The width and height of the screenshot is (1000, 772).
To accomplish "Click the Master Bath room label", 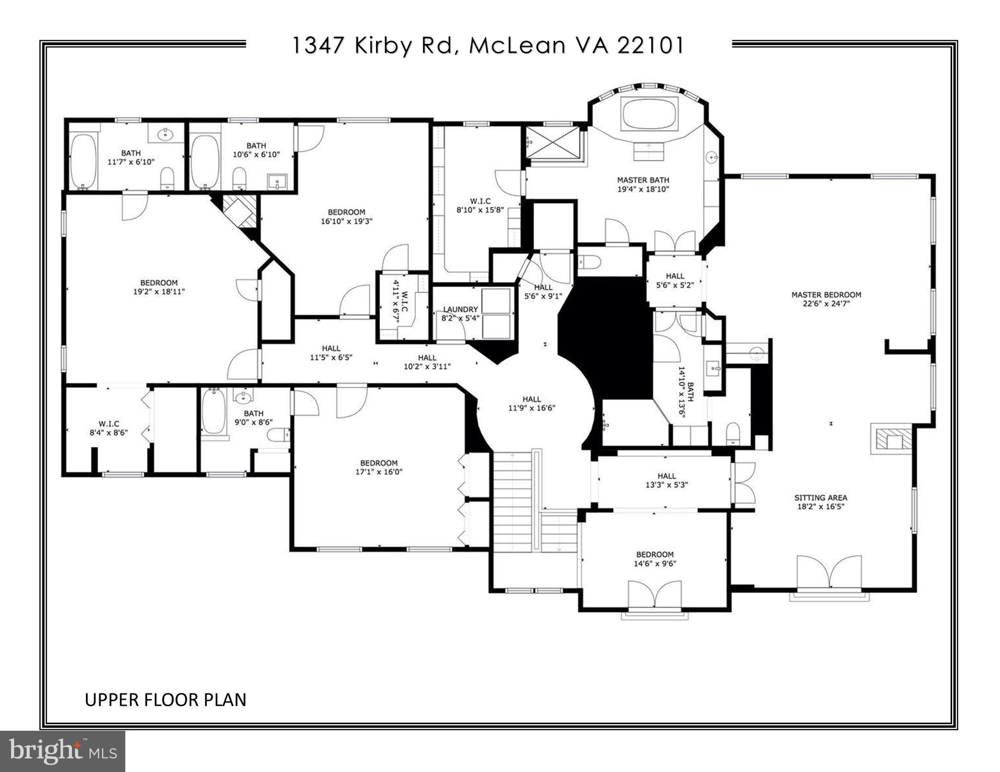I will click(x=643, y=180).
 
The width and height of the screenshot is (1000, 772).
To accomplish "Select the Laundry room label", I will click(x=460, y=309).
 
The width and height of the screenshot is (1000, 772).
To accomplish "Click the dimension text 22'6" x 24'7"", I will click(x=826, y=304).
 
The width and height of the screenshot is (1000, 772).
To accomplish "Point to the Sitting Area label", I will click(x=820, y=497).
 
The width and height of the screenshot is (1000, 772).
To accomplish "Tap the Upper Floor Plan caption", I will click(x=165, y=700).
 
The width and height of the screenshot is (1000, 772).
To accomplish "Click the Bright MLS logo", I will click(x=62, y=751).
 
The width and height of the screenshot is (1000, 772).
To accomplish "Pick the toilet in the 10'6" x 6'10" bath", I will click(x=239, y=178).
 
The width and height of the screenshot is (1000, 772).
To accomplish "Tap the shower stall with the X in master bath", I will click(x=553, y=142).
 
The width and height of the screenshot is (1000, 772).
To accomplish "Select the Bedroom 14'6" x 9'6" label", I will click(x=654, y=559).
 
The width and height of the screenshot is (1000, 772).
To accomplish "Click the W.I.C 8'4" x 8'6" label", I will click(x=109, y=427).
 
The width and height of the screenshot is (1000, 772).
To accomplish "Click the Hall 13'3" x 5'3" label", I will click(x=666, y=480).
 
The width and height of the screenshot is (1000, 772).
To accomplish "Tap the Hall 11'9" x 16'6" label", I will click(x=531, y=403).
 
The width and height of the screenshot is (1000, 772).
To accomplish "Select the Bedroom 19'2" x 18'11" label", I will click(x=159, y=287).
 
